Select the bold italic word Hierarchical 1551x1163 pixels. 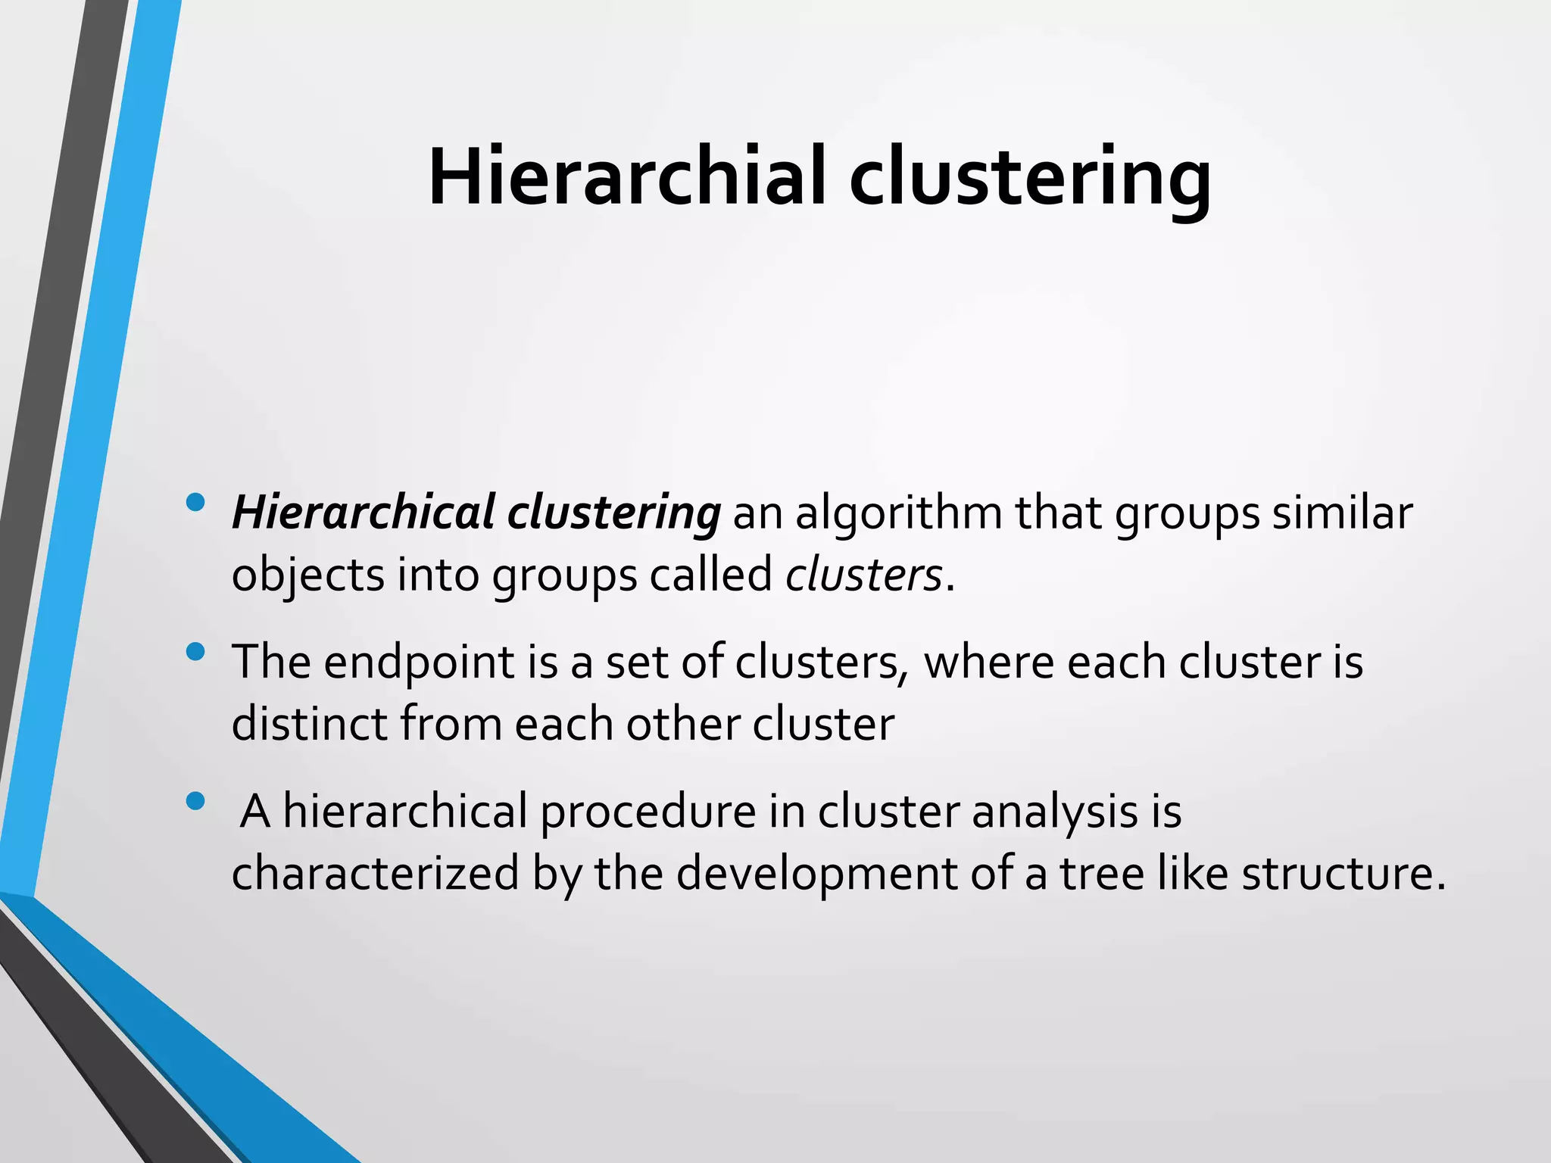click(364, 513)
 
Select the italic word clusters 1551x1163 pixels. click(863, 575)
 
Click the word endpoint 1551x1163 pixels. click(420, 663)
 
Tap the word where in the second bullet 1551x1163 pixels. click(989, 662)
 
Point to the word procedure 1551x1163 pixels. click(648, 812)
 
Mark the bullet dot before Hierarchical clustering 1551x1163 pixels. click(195, 502)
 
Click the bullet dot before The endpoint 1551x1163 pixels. click(195, 652)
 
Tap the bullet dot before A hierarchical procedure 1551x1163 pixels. click(195, 801)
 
